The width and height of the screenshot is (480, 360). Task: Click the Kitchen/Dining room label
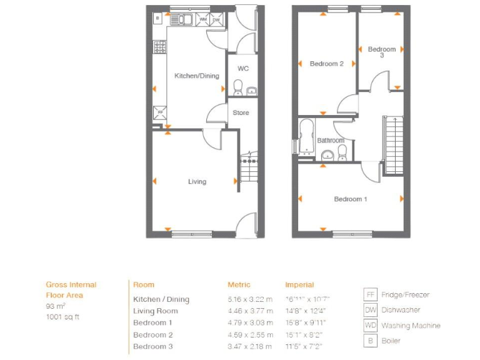click(196, 76)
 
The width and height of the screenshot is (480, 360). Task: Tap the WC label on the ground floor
click(243, 68)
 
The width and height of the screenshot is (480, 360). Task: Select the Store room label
click(241, 113)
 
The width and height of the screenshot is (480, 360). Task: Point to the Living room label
click(197, 182)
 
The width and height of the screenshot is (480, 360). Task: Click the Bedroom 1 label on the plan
click(350, 199)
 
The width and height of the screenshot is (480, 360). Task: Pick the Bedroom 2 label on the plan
click(327, 64)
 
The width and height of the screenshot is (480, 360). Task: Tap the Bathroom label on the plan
click(331, 141)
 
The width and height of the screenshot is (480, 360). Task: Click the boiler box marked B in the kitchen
click(157, 19)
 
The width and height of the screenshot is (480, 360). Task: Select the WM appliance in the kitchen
click(202, 19)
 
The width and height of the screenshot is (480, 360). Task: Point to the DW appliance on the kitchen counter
click(216, 19)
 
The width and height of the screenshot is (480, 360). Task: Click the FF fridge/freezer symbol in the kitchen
click(161, 112)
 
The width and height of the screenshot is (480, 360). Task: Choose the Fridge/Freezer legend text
click(405, 295)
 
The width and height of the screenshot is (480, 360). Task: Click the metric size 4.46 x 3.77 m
click(250, 311)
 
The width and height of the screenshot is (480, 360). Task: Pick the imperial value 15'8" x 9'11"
click(305, 323)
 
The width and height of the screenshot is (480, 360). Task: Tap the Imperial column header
click(299, 285)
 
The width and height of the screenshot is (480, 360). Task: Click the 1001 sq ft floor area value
click(63, 317)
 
